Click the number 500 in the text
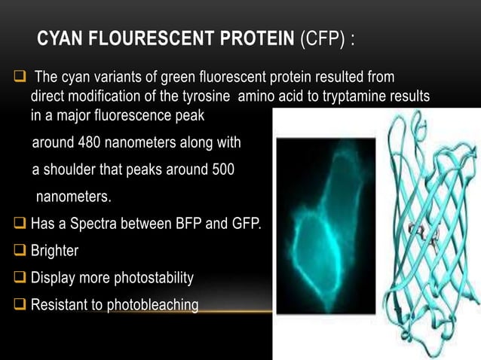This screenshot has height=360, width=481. [x=221, y=170]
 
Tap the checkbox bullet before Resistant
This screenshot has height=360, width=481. [x=20, y=305]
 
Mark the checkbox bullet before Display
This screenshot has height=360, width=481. [x=20, y=279]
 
